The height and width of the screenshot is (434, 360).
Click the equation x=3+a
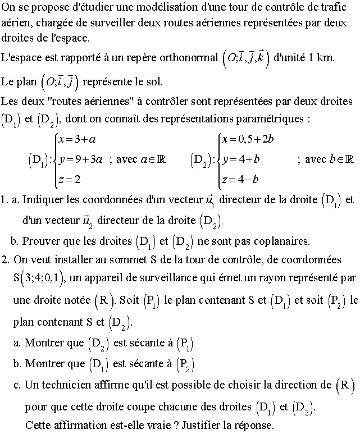coord(74,139)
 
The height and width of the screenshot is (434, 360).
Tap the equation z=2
coord(69,180)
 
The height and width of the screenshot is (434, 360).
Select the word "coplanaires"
coord(280,241)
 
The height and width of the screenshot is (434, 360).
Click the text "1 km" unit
coord(321,58)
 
